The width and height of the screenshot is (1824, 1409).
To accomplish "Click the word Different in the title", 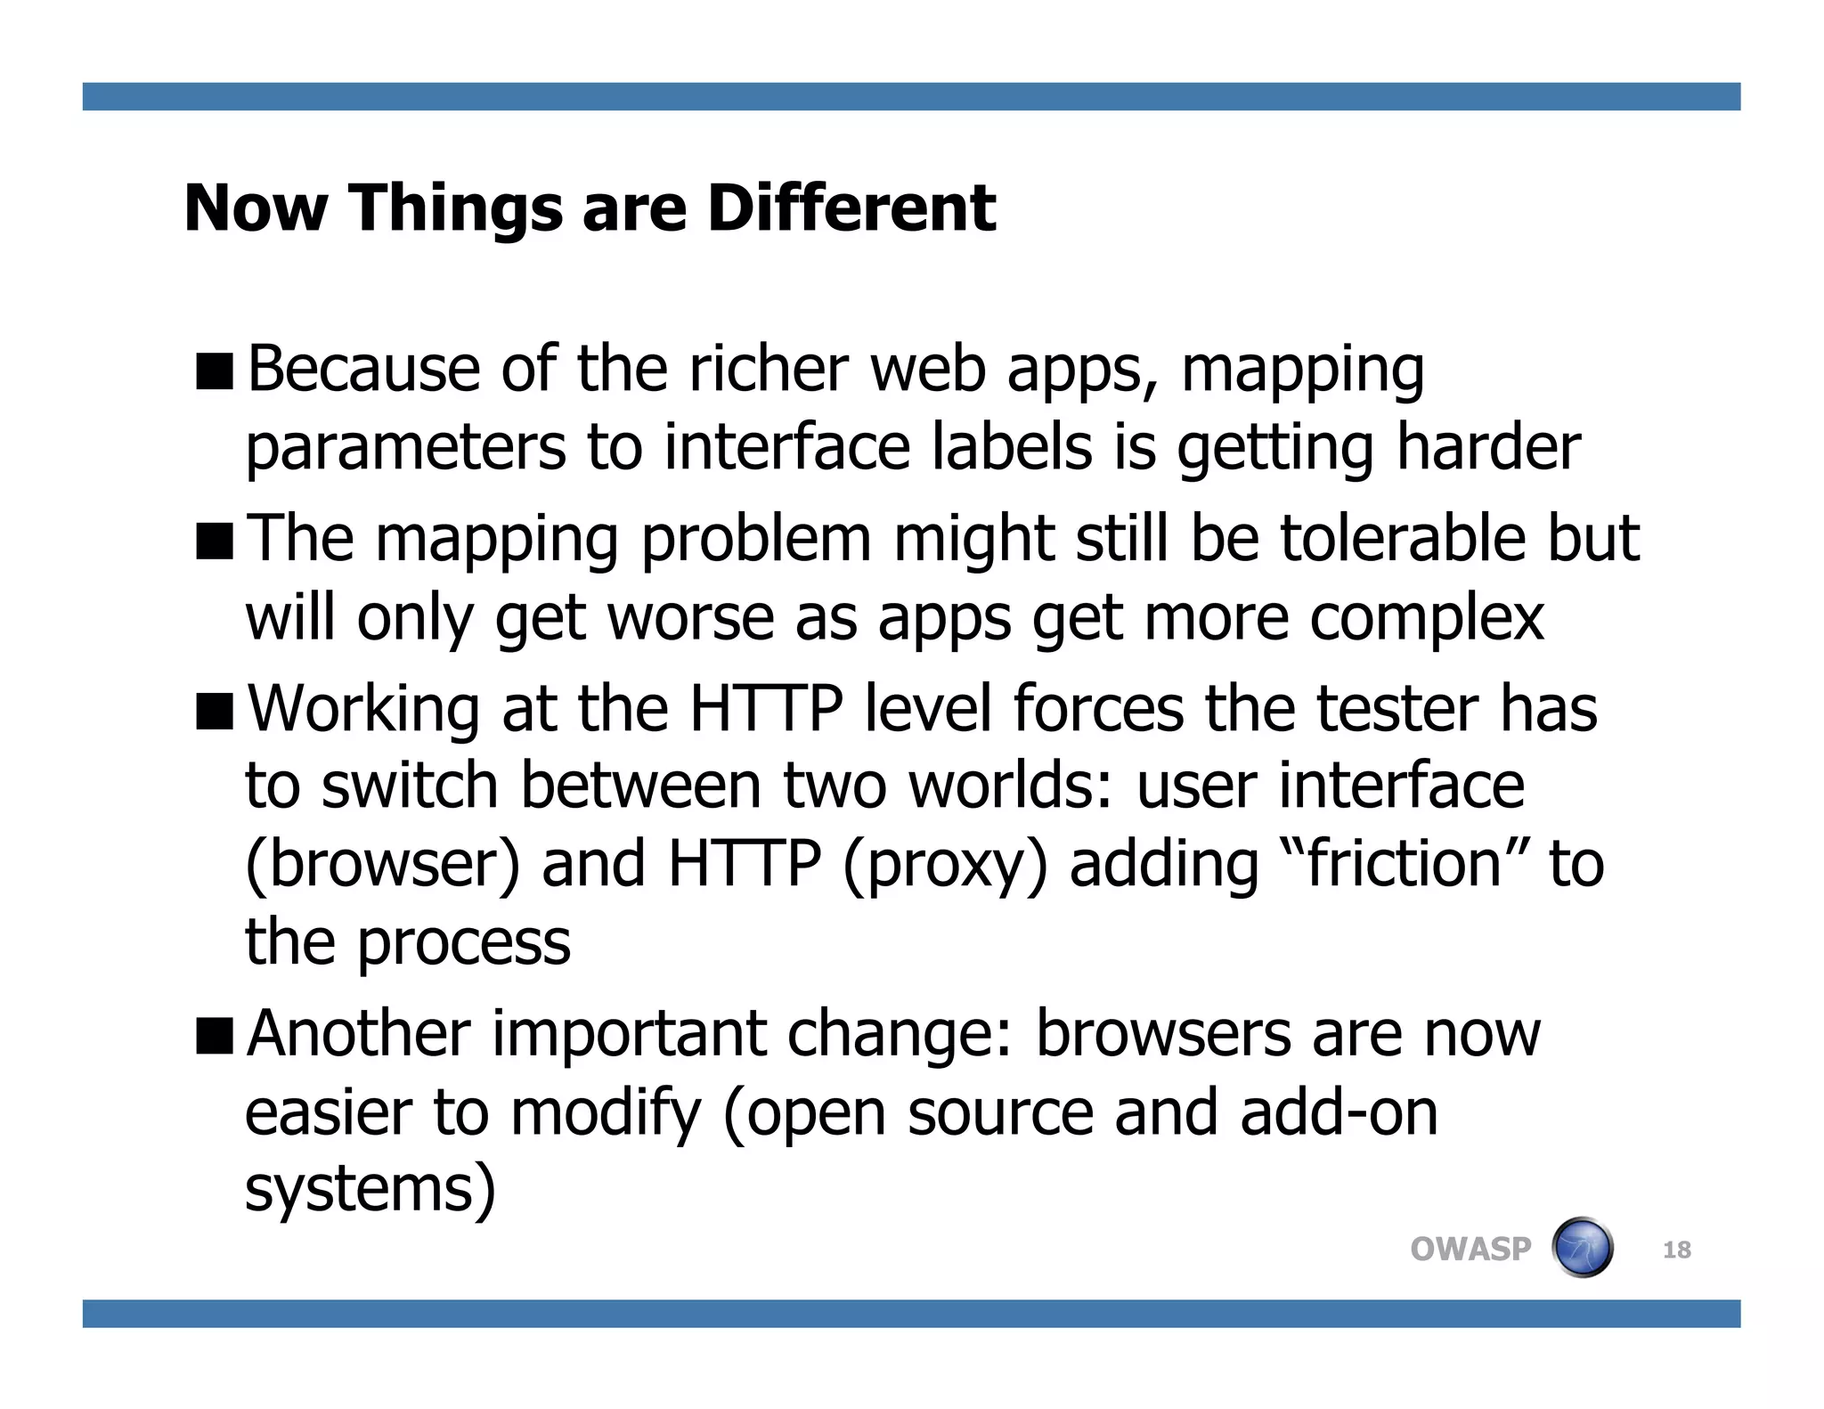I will pos(851,208).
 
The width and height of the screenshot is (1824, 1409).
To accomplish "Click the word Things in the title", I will pos(455,208).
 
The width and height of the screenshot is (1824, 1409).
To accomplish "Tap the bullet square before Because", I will pos(215,371).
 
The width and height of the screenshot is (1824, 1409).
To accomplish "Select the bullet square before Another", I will pos(215,1036).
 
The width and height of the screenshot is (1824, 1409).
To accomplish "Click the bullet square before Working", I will pos(215,712).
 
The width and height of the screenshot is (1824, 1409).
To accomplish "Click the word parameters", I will pos(405,448).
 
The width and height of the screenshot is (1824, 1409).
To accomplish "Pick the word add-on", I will pos(1339,1112).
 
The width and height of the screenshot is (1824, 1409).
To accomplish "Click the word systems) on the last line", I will pos(370,1190).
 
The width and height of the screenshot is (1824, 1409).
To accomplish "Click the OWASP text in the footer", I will pos(1470,1250).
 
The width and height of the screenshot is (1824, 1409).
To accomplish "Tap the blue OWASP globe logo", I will pos(1582,1248).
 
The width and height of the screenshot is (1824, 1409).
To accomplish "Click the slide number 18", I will pos(1676,1250).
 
